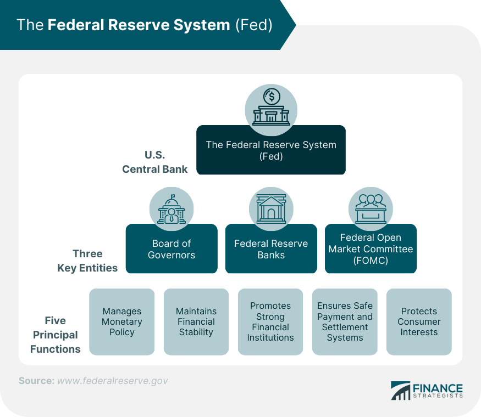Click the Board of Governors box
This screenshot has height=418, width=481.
click(x=172, y=249)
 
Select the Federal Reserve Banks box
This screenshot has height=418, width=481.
click(x=271, y=249)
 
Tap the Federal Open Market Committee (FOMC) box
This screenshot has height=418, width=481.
click(x=371, y=249)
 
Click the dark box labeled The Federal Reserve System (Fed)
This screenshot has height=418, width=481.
click(x=271, y=150)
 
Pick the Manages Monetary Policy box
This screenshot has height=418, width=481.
click(x=121, y=321)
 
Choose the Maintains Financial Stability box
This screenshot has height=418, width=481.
click(x=196, y=321)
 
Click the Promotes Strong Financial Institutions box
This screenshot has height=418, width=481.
click(x=270, y=321)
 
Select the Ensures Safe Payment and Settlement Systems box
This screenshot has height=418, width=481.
click(x=345, y=321)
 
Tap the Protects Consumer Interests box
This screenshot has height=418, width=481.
click(x=419, y=321)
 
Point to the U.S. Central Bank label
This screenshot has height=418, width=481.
click(x=154, y=162)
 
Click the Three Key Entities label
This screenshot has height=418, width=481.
click(x=87, y=261)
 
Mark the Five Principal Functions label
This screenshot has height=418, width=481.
click(x=55, y=335)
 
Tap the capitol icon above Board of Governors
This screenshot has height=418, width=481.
click(x=172, y=209)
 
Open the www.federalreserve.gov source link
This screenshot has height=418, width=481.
click(x=112, y=380)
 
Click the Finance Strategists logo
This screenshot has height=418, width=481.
click(x=427, y=390)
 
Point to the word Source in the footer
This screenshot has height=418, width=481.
click(x=36, y=380)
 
